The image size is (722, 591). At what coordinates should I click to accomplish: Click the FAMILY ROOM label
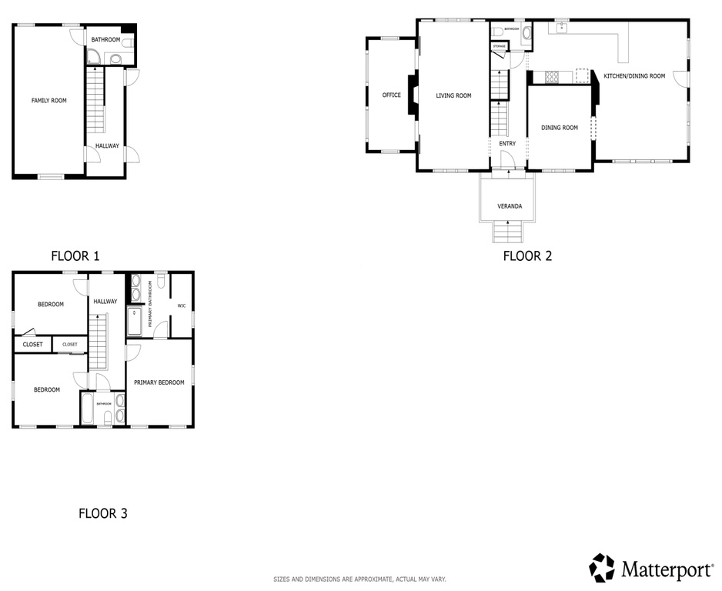click(48, 101)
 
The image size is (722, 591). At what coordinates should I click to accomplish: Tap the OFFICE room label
click(391, 95)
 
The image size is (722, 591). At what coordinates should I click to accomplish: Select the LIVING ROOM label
click(453, 96)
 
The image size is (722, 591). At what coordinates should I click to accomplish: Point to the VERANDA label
click(510, 206)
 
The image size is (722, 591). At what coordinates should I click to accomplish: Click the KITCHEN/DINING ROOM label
click(633, 76)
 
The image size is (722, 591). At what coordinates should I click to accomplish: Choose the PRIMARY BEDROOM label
click(159, 382)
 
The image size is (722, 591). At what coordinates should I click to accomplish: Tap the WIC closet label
click(182, 306)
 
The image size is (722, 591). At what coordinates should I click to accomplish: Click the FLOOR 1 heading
click(75, 256)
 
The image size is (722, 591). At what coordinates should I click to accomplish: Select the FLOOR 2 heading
click(527, 256)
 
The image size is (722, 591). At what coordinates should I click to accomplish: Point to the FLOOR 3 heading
click(102, 513)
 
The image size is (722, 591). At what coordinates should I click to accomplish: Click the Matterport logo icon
click(602, 568)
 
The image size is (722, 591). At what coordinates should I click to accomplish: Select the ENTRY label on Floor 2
click(507, 144)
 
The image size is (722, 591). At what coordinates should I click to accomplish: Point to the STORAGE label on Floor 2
click(500, 47)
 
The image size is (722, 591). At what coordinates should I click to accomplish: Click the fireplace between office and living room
click(412, 95)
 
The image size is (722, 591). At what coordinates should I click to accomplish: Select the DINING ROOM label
click(559, 128)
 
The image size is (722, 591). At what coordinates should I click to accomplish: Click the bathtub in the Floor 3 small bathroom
click(87, 409)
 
